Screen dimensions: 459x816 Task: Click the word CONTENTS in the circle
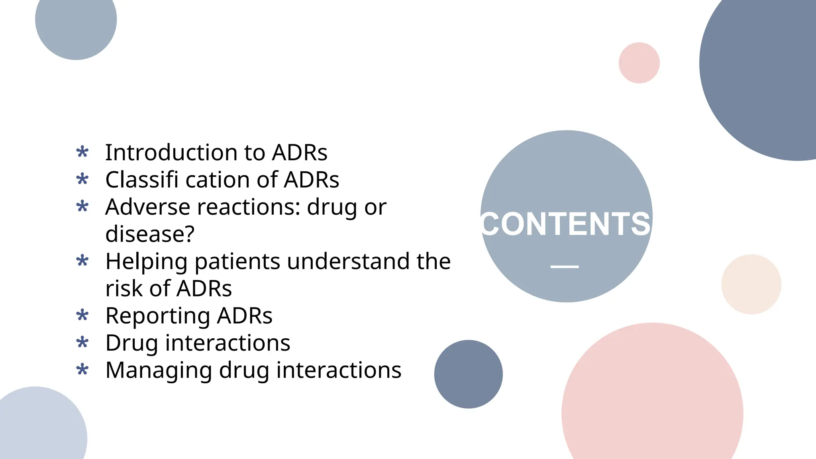566,224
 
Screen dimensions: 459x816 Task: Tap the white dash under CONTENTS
565,267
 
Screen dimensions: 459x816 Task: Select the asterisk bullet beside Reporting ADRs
82,315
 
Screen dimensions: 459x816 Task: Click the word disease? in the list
150,234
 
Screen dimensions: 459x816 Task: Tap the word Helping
146,262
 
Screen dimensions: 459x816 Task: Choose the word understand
348,261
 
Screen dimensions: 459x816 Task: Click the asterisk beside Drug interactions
82,342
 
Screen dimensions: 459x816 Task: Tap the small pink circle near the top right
639,63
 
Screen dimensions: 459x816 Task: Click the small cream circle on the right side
751,284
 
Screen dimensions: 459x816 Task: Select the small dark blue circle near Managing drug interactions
468,374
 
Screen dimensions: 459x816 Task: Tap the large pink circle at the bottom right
652,402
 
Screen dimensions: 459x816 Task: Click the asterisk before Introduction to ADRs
82,152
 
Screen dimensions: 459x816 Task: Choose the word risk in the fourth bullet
124,289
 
